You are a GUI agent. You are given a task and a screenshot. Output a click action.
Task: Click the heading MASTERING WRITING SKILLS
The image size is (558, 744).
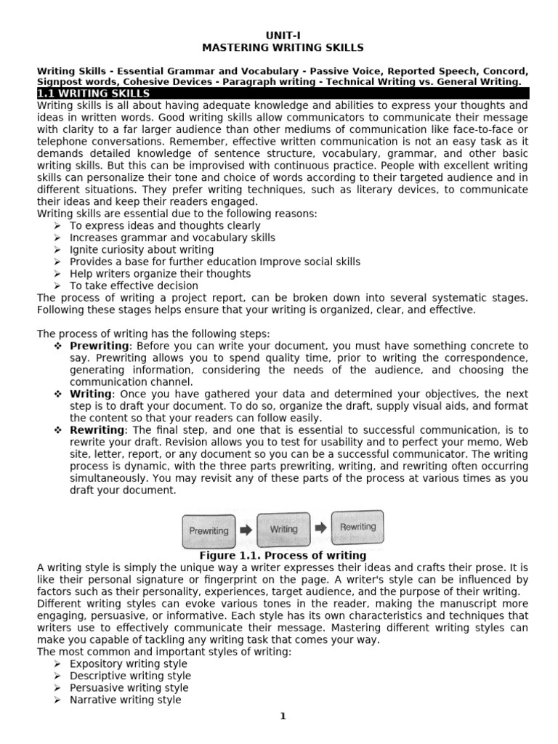pos(283,48)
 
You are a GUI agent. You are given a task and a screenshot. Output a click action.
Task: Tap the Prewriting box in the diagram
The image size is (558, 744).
pos(209,530)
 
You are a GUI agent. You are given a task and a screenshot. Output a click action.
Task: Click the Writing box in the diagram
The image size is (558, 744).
pos(283,530)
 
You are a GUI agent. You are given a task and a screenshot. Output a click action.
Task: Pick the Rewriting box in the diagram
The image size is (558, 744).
pos(357,527)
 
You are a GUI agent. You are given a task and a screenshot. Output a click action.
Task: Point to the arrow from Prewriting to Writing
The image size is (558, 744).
pos(246,530)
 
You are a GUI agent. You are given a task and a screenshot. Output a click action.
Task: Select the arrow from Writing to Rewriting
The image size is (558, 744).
pos(320,528)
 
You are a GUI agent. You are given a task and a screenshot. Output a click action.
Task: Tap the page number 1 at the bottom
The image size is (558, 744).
pos(283,716)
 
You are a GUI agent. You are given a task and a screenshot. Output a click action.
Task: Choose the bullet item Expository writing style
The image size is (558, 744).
pos(128,664)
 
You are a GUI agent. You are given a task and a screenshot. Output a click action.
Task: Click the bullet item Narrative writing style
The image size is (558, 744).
pos(125,700)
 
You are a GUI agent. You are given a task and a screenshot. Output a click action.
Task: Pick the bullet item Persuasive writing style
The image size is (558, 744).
pos(129,687)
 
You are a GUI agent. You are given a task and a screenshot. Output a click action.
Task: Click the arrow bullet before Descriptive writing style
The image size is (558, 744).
pos(58,676)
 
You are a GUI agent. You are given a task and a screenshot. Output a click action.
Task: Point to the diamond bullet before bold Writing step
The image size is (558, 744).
pos(58,394)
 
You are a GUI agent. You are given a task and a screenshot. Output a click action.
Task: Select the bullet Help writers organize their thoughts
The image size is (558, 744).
pos(160,274)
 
